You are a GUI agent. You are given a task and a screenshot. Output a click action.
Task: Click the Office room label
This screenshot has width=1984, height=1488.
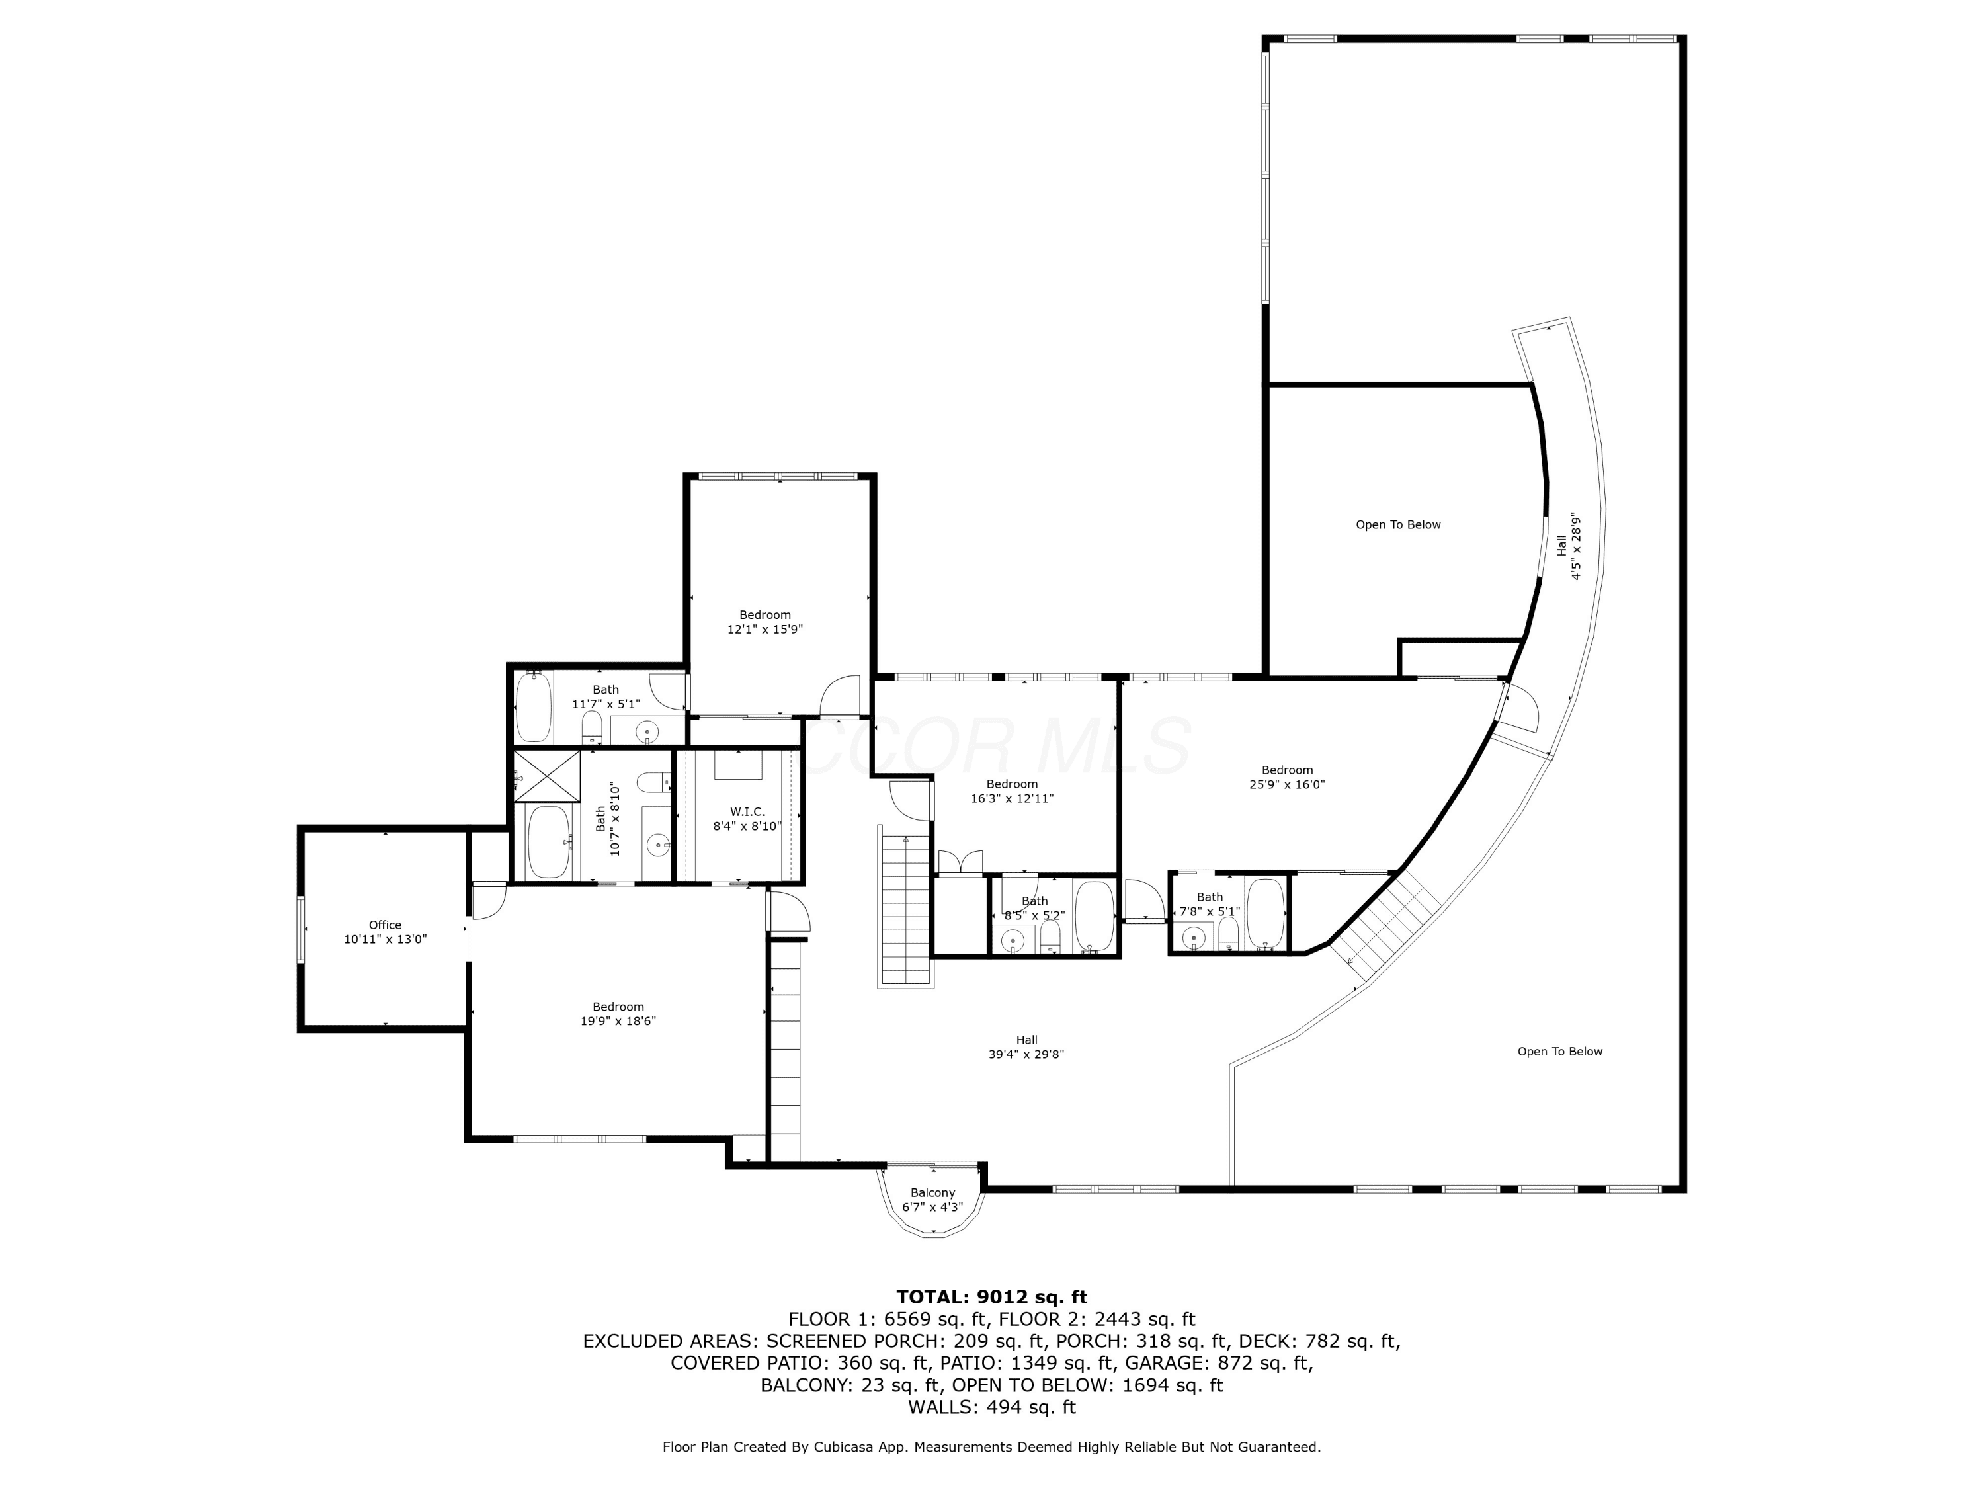[385, 925]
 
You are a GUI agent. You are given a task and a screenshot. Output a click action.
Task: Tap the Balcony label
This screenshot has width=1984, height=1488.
[932, 1193]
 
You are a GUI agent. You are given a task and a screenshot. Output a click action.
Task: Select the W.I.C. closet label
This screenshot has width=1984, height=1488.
[747, 811]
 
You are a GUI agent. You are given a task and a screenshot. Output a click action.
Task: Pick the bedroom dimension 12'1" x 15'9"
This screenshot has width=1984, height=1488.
[765, 630]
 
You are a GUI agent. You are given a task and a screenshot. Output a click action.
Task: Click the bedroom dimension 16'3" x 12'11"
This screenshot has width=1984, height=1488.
[1013, 798]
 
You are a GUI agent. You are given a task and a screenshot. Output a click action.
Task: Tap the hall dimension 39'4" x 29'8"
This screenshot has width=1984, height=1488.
[1027, 1055]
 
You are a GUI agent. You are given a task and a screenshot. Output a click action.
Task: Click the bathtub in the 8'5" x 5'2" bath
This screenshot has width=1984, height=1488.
[1095, 917]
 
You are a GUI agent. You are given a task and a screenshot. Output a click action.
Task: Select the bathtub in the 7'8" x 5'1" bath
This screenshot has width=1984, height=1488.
[1266, 914]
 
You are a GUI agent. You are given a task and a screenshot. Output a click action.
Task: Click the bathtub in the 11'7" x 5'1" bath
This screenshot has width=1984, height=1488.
[534, 707]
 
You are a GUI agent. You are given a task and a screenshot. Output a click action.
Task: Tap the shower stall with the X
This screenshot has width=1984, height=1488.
[546, 776]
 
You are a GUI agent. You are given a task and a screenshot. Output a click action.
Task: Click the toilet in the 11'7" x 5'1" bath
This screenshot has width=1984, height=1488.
[592, 725]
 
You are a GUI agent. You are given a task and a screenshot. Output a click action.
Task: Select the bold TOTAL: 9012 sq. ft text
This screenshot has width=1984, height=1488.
[991, 1297]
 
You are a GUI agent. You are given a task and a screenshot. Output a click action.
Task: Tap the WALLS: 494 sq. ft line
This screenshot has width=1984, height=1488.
[991, 1407]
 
